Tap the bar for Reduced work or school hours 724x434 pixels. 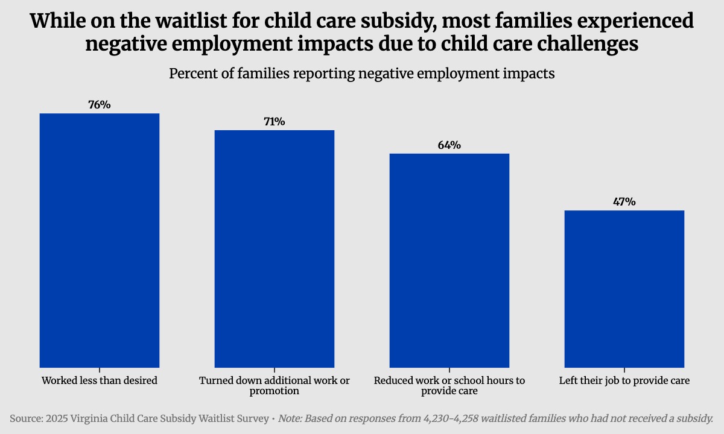449,260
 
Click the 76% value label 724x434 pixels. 100,105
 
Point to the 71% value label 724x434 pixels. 275,122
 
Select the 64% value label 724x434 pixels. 449,145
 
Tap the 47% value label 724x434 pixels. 624,202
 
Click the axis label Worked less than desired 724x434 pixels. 100,381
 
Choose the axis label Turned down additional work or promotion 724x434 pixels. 275,386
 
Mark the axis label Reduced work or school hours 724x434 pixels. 449,386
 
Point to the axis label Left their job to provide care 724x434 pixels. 624,381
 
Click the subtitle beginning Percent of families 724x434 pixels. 361,74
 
